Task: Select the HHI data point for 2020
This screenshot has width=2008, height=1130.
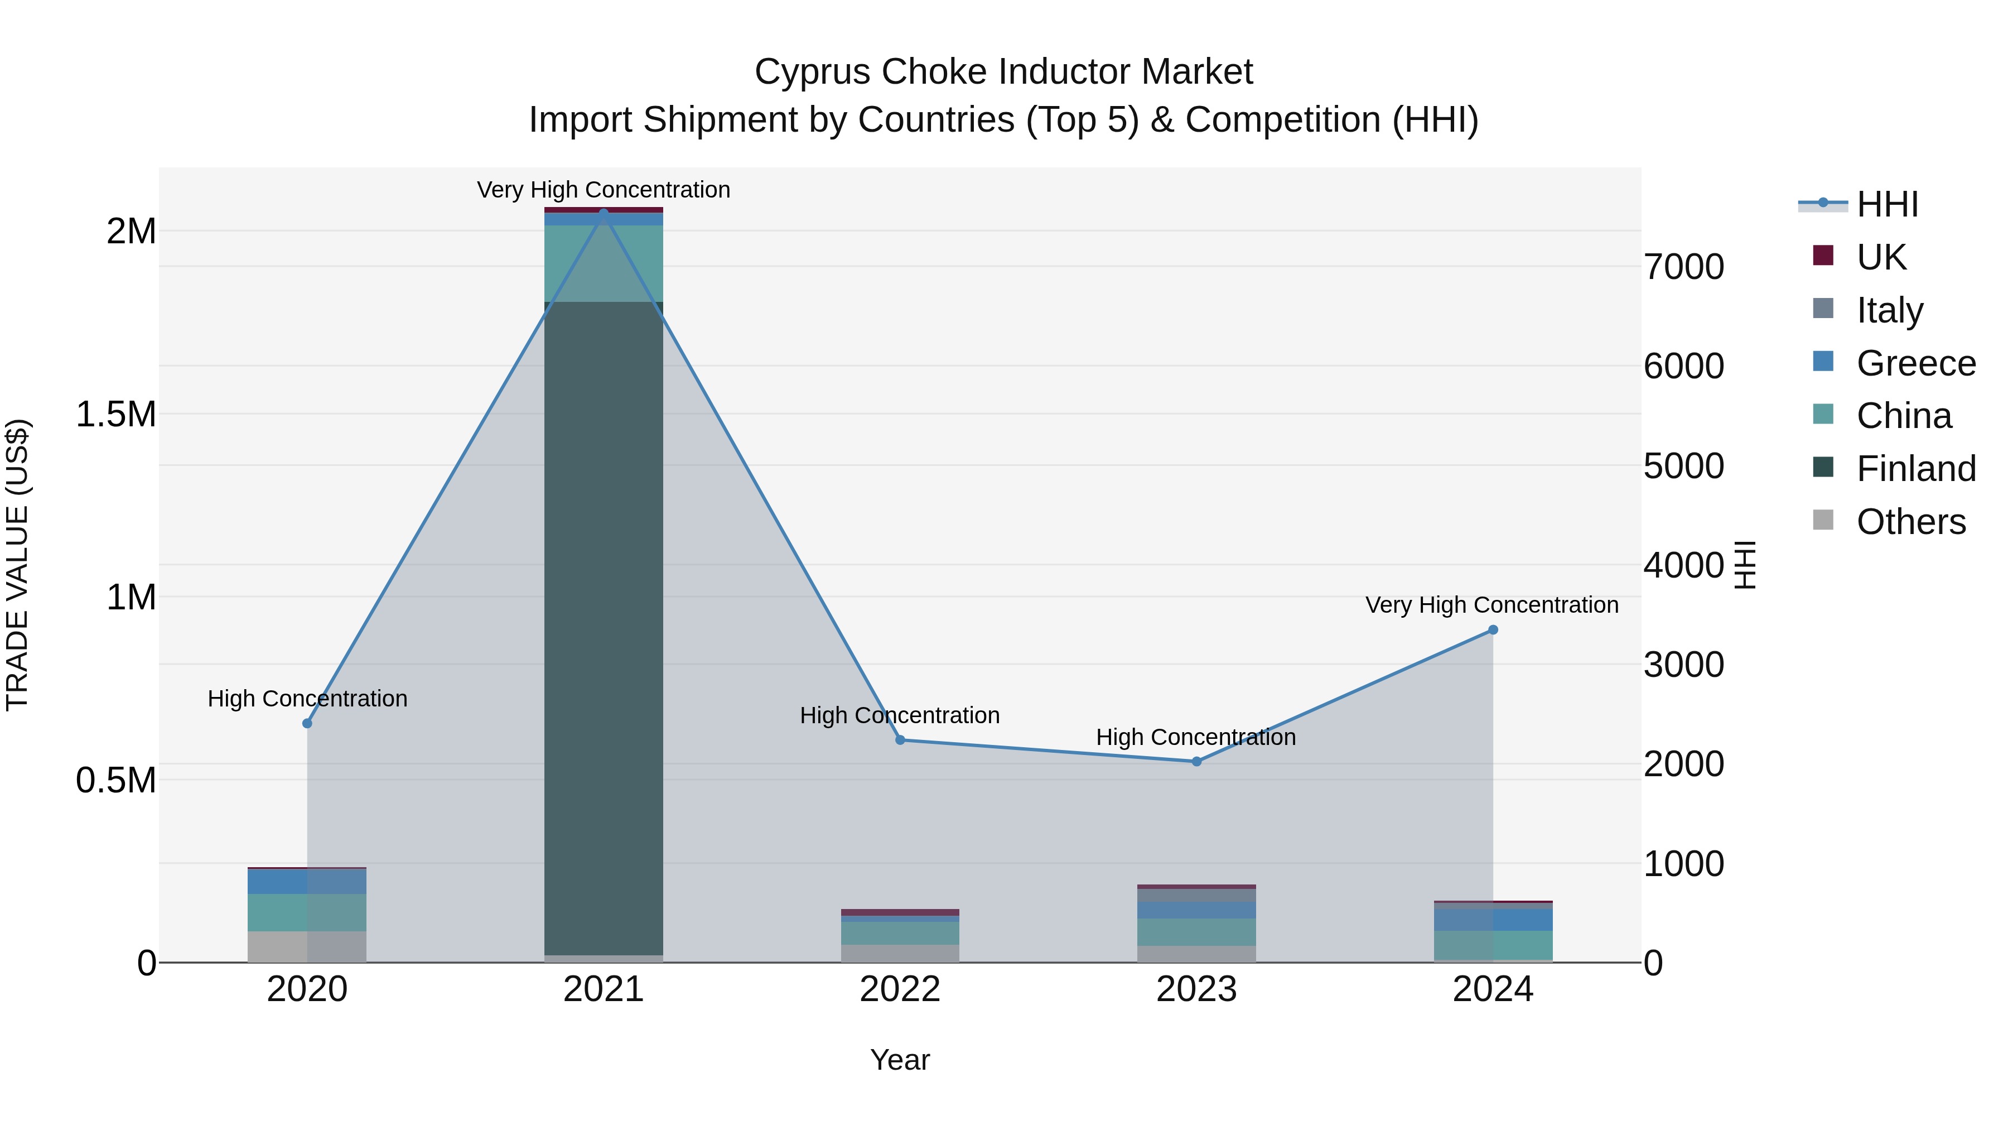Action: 307,723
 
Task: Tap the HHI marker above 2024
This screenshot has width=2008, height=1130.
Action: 1493,630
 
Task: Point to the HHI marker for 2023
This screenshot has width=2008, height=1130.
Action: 1196,761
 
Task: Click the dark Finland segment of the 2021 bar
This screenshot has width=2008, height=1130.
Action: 604,624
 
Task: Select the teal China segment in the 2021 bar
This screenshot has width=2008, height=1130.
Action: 604,263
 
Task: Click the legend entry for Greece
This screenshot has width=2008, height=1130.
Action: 1915,363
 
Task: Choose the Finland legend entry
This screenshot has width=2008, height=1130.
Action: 1915,469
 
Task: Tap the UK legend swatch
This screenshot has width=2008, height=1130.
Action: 1823,255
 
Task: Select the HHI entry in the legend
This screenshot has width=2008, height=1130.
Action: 1886,204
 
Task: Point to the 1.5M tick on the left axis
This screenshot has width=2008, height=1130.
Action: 115,414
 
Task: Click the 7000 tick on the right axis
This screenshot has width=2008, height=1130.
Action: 1684,267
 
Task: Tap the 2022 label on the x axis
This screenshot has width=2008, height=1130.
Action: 900,989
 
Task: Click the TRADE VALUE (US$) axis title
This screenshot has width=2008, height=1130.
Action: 17,565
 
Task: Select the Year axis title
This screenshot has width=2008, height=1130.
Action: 900,1060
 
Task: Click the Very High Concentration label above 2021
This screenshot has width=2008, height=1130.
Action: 604,190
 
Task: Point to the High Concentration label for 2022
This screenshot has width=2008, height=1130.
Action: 900,715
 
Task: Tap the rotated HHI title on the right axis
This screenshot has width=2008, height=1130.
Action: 1745,565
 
